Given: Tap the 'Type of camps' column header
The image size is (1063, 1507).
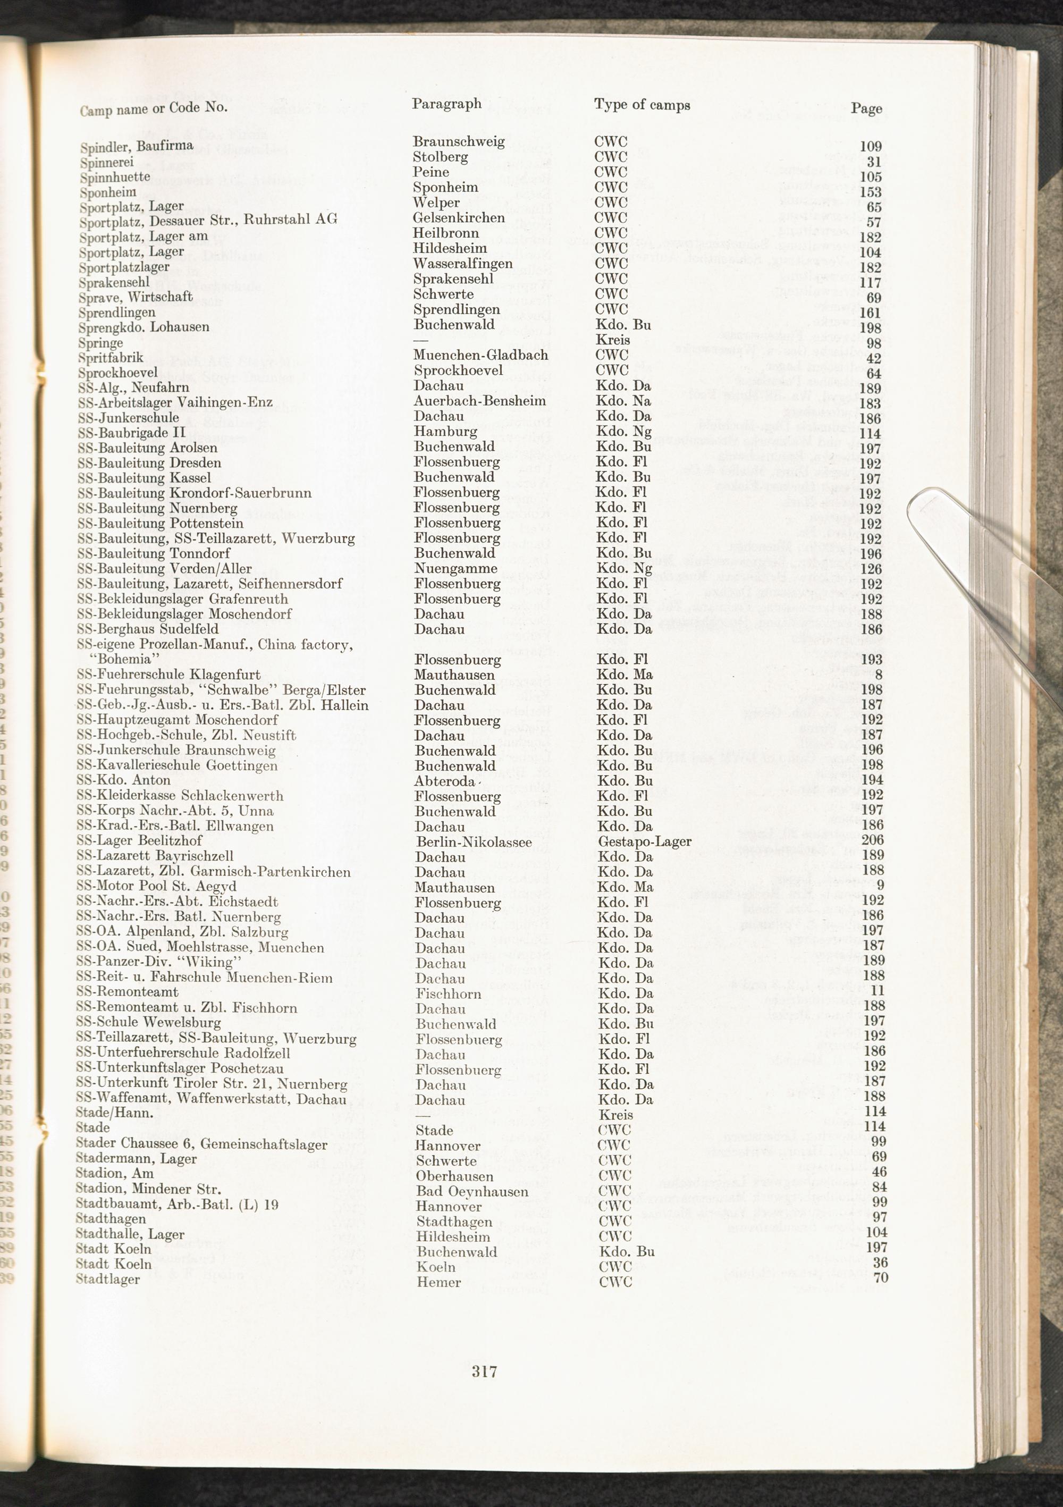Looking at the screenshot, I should click(642, 104).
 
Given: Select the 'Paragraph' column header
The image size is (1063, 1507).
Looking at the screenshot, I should click(446, 104).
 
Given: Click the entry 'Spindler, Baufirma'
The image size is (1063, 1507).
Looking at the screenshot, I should click(137, 146).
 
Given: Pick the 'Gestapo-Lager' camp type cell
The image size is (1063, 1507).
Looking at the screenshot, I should click(644, 841).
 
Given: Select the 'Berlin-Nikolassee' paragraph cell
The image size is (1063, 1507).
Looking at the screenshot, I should click(473, 841).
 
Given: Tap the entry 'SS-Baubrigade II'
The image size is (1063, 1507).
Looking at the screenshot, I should click(131, 432).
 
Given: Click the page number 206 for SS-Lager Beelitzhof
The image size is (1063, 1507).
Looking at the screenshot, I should click(872, 840).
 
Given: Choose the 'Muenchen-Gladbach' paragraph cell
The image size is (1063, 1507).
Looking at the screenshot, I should click(481, 355).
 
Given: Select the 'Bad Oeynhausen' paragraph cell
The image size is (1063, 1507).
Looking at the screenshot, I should click(472, 1191).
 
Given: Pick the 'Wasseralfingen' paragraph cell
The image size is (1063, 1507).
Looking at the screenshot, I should click(462, 264).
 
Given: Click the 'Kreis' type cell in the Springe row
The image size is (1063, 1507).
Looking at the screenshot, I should click(612, 340).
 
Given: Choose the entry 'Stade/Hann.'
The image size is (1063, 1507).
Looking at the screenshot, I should click(115, 1113).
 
